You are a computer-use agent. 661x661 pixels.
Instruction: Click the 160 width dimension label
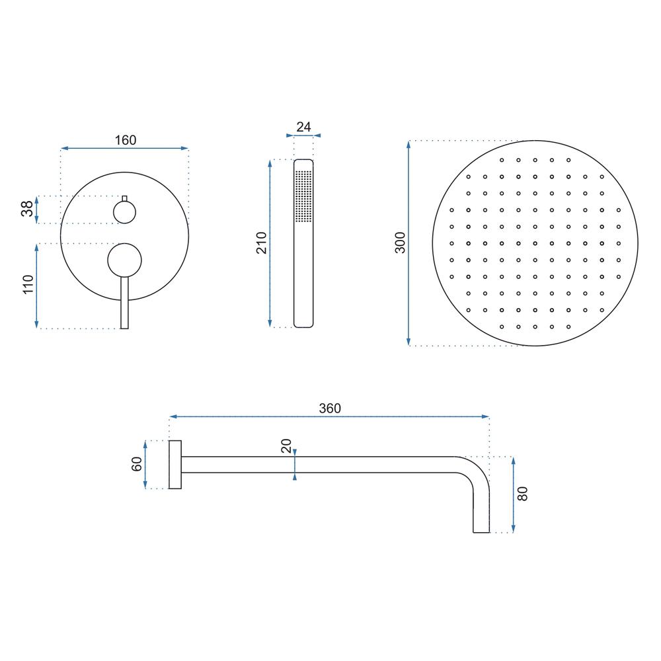(125, 139)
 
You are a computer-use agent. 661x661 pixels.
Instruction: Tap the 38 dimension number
(26, 210)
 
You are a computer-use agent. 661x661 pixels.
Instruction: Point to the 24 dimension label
(303, 127)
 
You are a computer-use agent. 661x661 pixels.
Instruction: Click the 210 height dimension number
(261, 243)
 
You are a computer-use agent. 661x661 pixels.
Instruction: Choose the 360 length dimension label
(329, 408)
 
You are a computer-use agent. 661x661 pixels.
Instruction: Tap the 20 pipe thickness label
(286, 446)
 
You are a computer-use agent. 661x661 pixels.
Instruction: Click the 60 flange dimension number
(137, 464)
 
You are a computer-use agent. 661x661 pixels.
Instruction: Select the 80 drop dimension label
(522, 493)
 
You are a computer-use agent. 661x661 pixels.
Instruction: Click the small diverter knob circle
(124, 212)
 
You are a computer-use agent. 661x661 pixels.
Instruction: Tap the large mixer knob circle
(124, 258)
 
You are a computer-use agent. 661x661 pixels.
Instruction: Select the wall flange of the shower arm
(175, 465)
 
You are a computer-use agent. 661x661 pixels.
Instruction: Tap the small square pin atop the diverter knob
(124, 198)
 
